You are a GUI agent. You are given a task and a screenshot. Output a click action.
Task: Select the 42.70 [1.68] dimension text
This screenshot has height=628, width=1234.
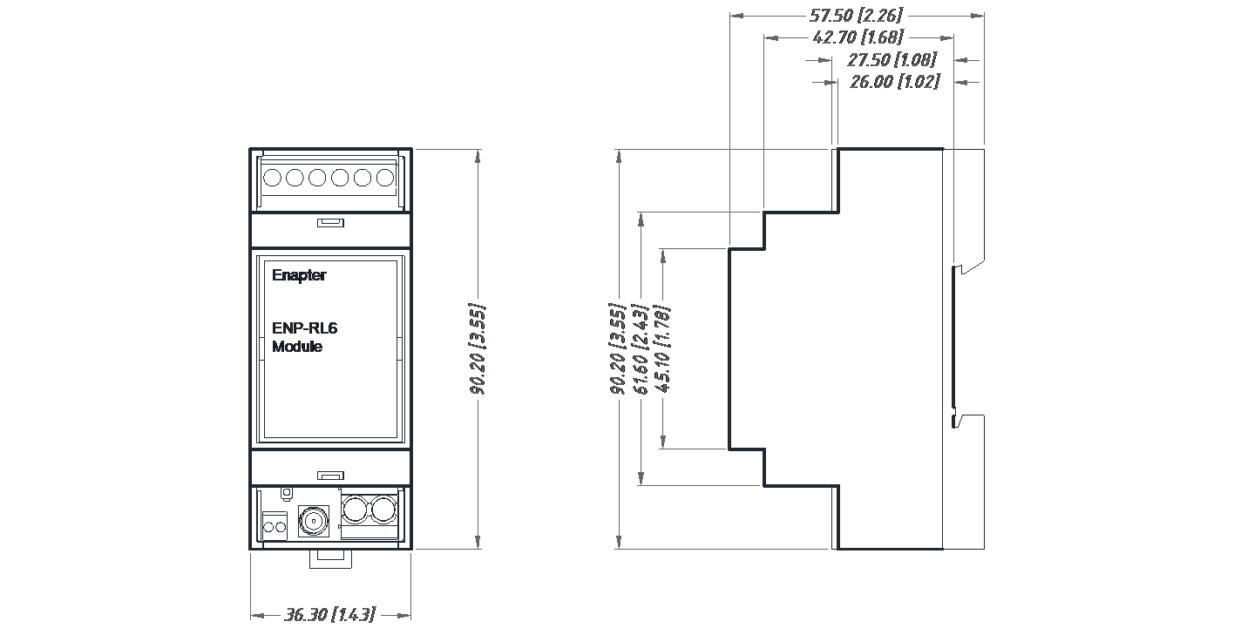pyautogui.click(x=858, y=37)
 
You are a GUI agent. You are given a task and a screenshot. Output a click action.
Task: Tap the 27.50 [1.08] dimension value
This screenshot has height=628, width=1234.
pyautogui.click(x=892, y=60)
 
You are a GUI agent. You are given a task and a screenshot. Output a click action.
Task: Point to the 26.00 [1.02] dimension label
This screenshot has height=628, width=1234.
pyautogui.click(x=894, y=82)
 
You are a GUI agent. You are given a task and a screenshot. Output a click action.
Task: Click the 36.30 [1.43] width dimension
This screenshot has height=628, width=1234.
pyautogui.click(x=330, y=615)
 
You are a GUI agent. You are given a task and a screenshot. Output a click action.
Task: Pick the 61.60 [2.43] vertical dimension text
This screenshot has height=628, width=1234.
pyautogui.click(x=641, y=349)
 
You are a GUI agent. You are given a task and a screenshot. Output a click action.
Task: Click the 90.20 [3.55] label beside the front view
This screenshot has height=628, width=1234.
pyautogui.click(x=478, y=349)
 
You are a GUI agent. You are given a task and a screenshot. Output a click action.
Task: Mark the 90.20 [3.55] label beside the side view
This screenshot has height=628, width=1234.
pyautogui.click(x=618, y=349)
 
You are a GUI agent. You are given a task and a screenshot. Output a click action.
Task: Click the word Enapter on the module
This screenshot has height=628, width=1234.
pyautogui.click(x=298, y=275)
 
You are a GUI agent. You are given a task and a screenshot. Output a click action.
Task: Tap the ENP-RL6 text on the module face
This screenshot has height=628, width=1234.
pyautogui.click(x=304, y=329)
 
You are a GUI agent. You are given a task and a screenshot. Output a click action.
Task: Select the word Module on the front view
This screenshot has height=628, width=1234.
pyautogui.click(x=296, y=347)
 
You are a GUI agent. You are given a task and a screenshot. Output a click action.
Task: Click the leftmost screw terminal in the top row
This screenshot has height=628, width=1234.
pyautogui.click(x=272, y=178)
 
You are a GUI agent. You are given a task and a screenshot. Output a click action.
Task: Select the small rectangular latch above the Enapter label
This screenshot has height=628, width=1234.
pyautogui.click(x=330, y=223)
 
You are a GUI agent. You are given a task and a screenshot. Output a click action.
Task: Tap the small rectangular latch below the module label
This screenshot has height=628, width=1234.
pyautogui.click(x=330, y=476)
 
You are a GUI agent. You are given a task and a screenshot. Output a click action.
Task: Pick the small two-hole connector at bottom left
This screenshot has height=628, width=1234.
pyautogui.click(x=275, y=526)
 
